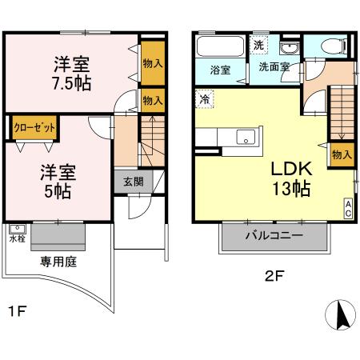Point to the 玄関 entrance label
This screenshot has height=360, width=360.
[134, 181]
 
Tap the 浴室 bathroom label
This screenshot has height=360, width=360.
[219, 69]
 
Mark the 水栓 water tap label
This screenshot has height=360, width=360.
[17, 238]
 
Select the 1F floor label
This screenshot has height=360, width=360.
[15, 311]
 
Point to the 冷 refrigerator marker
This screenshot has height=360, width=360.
[205, 101]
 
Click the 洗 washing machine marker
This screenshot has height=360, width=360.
[258, 46]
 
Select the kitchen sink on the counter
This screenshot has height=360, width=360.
[245, 136]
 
